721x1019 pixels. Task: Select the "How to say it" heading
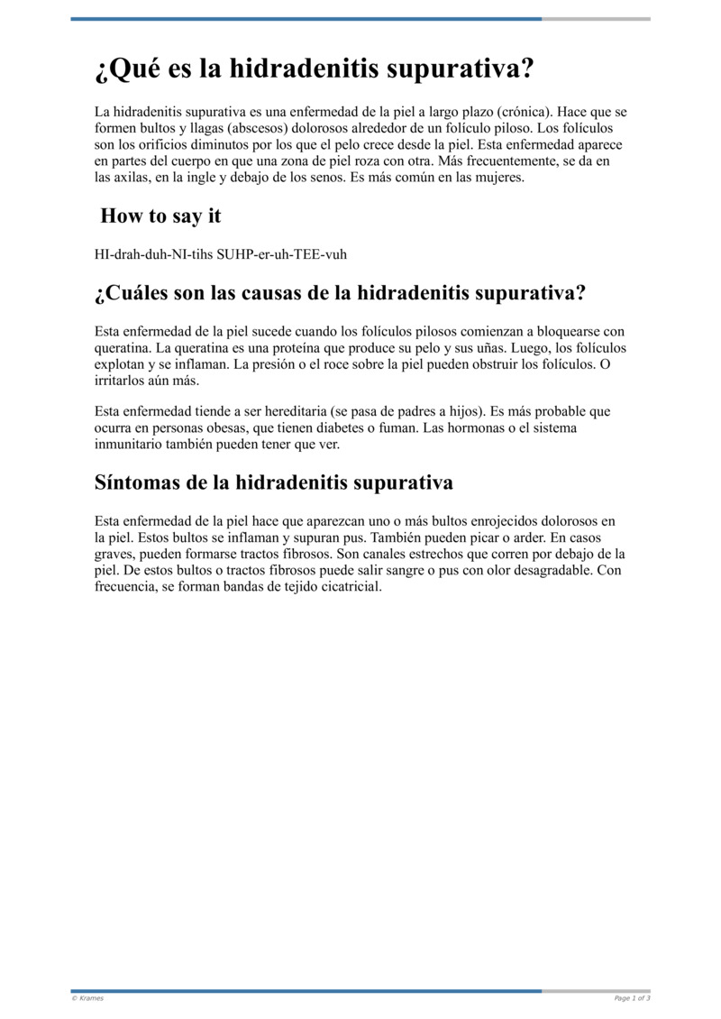tap(160, 216)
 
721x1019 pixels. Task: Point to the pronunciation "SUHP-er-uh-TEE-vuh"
tap(281, 254)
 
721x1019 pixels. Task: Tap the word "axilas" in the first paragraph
tap(134, 178)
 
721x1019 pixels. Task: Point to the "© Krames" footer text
tap(87, 998)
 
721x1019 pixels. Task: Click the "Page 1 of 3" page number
tap(632, 998)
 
